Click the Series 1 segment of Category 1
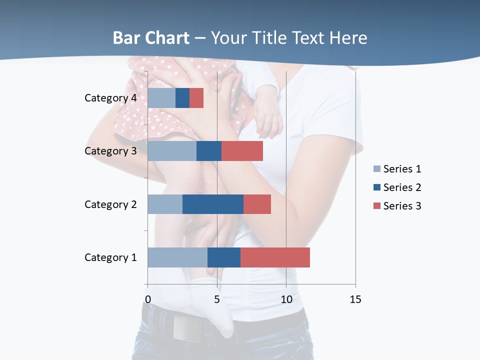(177, 257)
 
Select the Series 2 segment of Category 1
(224, 257)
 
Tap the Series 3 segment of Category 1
(275, 257)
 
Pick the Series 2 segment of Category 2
(213, 204)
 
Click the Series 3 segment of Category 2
(257, 204)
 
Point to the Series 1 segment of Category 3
(172, 151)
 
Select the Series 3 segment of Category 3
(242, 151)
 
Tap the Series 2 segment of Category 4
(182, 98)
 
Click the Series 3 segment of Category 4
(196, 98)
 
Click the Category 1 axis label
(110, 257)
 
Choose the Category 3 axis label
(110, 151)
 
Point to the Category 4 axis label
(110, 98)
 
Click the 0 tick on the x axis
(148, 299)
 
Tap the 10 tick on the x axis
(286, 299)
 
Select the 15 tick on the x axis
(355, 299)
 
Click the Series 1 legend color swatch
(377, 169)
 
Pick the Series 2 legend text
(402, 187)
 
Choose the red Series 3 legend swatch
(377, 206)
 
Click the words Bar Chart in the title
(151, 38)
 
